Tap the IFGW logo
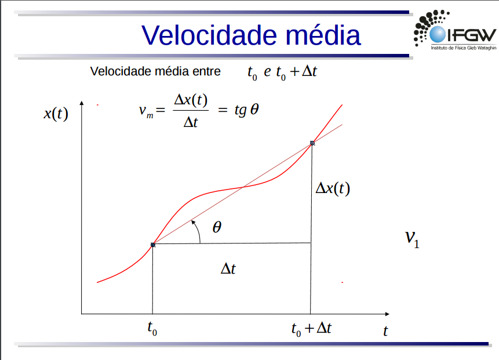pyautogui.click(x=455, y=30)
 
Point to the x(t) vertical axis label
pyautogui.click(x=56, y=113)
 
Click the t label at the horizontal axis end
pyautogui.click(x=385, y=332)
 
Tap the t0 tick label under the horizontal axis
pyautogui.click(x=152, y=328)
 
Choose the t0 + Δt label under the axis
pyautogui.click(x=311, y=329)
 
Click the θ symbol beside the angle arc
pyautogui.click(x=217, y=227)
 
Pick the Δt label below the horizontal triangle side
pyautogui.click(x=228, y=268)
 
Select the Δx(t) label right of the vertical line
pyautogui.click(x=333, y=188)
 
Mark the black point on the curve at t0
pyautogui.click(x=153, y=245)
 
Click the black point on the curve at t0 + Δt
pyautogui.click(x=312, y=143)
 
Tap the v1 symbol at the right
pyautogui.click(x=412, y=239)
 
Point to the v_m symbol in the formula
pyautogui.click(x=146, y=111)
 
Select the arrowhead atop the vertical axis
pyautogui.click(x=82, y=103)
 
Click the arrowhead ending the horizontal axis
pyautogui.click(x=387, y=314)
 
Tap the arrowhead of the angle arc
pyautogui.click(x=193, y=222)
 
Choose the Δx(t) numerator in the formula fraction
pyautogui.click(x=191, y=100)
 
